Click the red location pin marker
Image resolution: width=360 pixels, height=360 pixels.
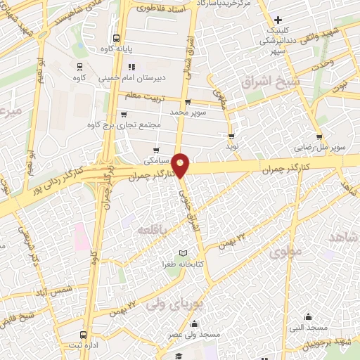tap(181, 165)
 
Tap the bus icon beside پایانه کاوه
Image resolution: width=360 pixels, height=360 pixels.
tap(116, 39)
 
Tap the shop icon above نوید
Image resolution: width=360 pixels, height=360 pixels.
tap(231, 136)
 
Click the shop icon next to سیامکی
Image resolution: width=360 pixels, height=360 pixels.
tap(156, 148)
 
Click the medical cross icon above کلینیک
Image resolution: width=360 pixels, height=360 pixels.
tap(279, 19)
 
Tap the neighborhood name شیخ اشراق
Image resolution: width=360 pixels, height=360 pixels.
tap(270, 83)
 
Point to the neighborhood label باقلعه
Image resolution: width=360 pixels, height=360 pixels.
tap(152, 230)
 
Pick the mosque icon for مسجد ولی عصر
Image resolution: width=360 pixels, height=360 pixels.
tap(194, 323)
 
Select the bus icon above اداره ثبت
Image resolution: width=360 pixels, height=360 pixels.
tap(84, 335)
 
